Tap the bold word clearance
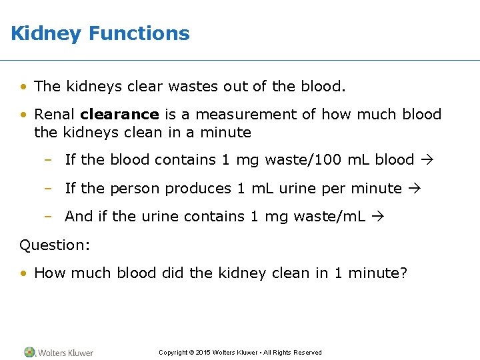click(119, 115)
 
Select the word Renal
click(54, 115)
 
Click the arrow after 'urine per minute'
click(415, 189)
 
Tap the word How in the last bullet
click(47, 273)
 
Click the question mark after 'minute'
click(403, 273)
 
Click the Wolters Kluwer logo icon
click(29, 352)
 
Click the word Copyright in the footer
click(173, 353)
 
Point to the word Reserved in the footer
click(307, 353)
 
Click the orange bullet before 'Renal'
click(23, 115)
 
